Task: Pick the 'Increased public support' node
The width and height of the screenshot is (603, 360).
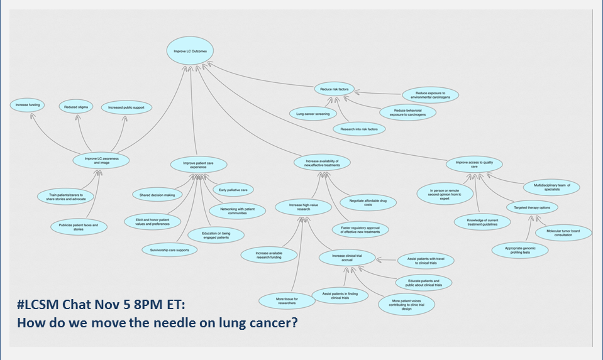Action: [126, 107]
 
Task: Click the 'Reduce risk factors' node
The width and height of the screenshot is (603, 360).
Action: [334, 90]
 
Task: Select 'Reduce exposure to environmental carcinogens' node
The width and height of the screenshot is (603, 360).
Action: [429, 95]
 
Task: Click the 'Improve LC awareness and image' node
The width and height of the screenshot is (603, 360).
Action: [101, 160]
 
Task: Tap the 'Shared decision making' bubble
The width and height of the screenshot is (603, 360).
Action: [157, 195]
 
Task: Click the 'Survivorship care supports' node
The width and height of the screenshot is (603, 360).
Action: [170, 249]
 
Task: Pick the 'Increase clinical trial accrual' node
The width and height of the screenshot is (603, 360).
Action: [348, 257]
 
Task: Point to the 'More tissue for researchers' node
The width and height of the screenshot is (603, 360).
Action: [287, 300]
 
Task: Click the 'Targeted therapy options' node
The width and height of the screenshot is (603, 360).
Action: [532, 207]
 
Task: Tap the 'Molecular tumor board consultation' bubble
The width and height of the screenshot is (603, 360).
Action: [563, 232]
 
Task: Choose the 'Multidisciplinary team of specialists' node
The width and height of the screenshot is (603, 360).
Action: [551, 187]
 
